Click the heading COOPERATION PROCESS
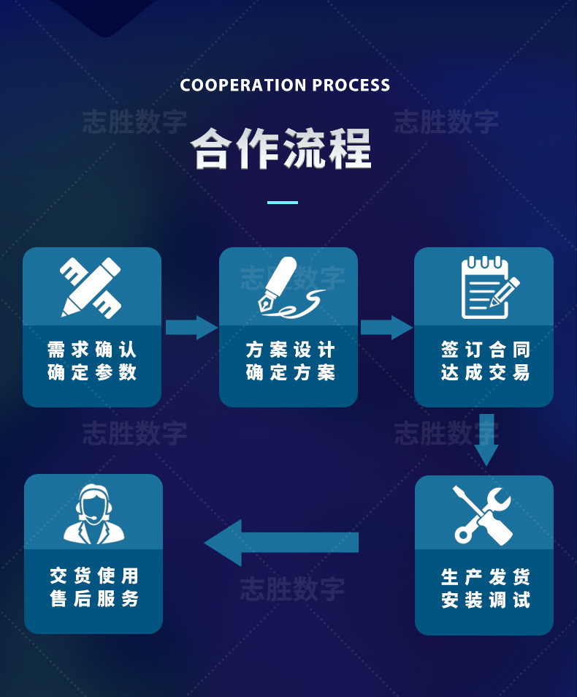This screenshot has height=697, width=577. coord(285,86)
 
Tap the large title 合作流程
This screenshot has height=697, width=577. coord(282,149)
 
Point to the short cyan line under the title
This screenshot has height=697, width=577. coord(283,202)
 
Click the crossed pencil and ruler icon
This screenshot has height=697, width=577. coord(91,287)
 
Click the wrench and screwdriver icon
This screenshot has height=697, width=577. coord(483,514)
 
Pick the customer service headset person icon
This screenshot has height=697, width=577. coord(93,513)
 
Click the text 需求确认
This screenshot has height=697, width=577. coord(92,350)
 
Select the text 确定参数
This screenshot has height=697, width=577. coord(92,372)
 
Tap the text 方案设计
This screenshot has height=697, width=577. coord(290,350)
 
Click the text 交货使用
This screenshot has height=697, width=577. coord(94,576)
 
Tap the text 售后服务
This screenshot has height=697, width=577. coord(94,599)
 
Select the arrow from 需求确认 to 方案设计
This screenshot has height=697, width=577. coord(191,327)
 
